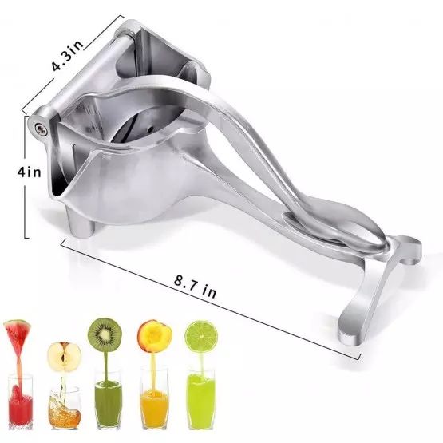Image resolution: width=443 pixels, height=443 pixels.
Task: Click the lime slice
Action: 200,335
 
